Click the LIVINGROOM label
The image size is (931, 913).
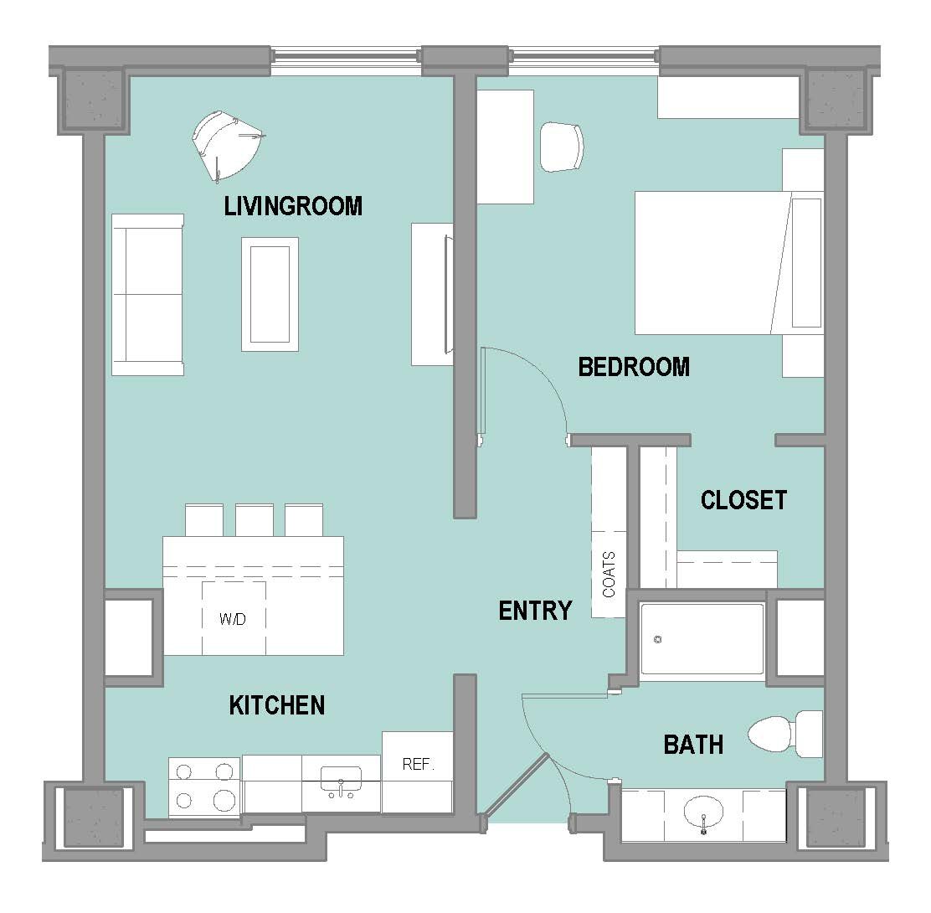[x=293, y=206]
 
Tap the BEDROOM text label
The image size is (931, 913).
[x=634, y=367]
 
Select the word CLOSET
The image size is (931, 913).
[x=744, y=500]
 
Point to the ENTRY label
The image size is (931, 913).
[x=536, y=611]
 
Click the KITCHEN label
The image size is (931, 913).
[x=277, y=705]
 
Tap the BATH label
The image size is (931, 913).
[x=693, y=745]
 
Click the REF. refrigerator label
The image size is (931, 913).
[x=418, y=765]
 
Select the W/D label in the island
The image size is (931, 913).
[x=233, y=620]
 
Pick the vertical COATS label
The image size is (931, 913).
[x=610, y=575]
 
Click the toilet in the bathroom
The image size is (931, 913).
[x=785, y=735]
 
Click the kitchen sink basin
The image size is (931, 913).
[x=341, y=779]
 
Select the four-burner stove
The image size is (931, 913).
[x=204, y=787]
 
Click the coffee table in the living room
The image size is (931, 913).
[x=270, y=295]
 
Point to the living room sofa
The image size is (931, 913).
[x=148, y=295]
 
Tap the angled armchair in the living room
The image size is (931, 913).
[x=225, y=144]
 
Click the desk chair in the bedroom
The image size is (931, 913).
[x=562, y=147]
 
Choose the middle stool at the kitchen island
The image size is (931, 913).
[x=255, y=520]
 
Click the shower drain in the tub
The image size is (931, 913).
[x=657, y=640]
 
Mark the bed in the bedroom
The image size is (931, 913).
[x=729, y=262]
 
